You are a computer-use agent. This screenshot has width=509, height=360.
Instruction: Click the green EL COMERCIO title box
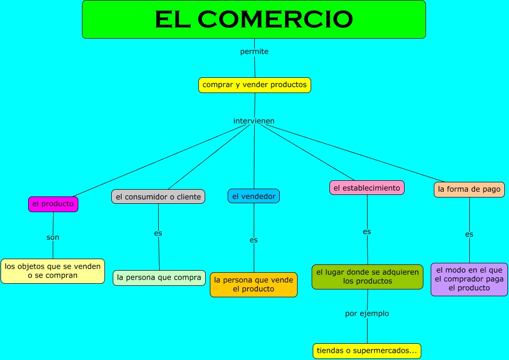click(x=254, y=19)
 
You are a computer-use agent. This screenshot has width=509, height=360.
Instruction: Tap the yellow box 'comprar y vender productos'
click(x=254, y=85)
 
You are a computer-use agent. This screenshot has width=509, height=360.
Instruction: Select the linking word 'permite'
click(x=254, y=52)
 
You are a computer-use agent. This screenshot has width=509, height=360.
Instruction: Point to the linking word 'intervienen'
click(x=254, y=121)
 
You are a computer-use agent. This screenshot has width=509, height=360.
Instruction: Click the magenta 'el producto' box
click(x=53, y=204)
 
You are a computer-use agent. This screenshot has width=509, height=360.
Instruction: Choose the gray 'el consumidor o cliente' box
click(x=158, y=196)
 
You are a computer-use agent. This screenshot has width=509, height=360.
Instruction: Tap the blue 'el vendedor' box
click(x=254, y=196)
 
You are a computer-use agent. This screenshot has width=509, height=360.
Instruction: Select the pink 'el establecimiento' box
click(x=366, y=188)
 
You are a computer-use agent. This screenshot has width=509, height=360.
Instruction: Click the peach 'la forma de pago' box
click(x=469, y=189)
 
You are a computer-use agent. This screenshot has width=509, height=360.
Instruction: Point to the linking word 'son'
click(x=53, y=237)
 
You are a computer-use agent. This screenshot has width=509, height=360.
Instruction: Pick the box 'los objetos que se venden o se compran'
click(x=53, y=271)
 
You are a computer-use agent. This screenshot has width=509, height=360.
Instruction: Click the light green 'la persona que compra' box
click(x=159, y=277)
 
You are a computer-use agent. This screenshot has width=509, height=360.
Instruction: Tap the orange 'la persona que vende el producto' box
click(x=254, y=285)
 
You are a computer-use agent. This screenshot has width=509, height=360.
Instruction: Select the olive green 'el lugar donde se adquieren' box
click(x=367, y=276)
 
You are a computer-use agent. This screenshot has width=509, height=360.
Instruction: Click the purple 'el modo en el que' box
click(x=469, y=279)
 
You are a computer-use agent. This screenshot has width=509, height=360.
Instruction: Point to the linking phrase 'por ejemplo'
click(x=367, y=313)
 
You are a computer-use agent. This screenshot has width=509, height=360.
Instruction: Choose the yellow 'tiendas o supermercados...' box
click(x=366, y=351)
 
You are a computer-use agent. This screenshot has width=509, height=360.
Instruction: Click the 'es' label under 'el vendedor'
click(x=254, y=240)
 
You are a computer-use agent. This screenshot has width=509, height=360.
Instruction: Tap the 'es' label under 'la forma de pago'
click(x=469, y=234)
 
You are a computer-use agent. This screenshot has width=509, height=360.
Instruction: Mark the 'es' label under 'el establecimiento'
click(x=367, y=231)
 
